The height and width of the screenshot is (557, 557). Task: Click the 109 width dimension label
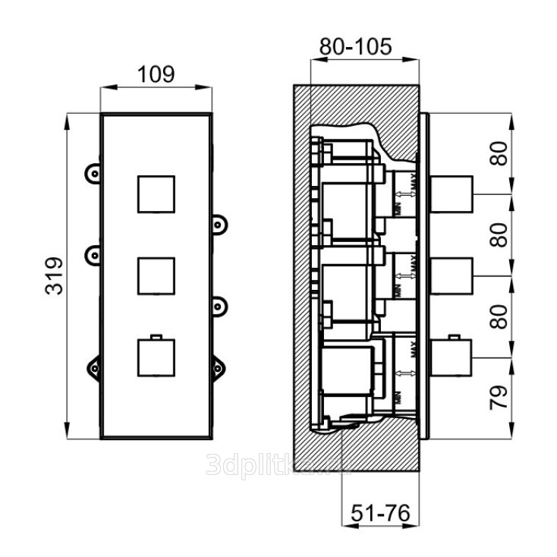(x=156, y=74)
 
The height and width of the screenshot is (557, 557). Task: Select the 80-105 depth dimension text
(x=355, y=47)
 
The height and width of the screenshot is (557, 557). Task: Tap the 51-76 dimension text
(x=379, y=514)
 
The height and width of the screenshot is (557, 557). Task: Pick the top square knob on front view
(x=156, y=194)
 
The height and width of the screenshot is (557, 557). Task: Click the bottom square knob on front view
(x=156, y=357)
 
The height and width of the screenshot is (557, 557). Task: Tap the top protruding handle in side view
(x=452, y=194)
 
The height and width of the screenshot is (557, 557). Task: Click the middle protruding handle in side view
(x=452, y=275)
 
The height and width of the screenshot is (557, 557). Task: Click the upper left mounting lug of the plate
(x=93, y=173)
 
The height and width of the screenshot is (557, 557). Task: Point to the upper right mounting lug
(x=220, y=225)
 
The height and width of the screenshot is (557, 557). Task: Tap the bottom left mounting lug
(x=93, y=368)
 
